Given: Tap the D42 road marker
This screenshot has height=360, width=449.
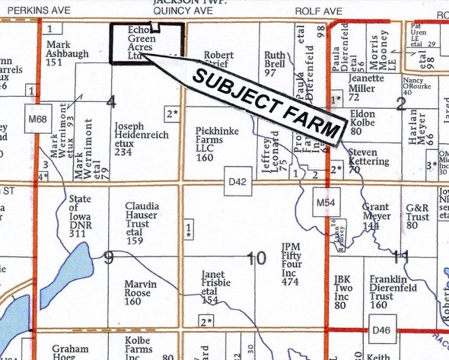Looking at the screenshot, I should point(237,183).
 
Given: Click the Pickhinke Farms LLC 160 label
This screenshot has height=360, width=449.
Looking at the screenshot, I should point(216,144).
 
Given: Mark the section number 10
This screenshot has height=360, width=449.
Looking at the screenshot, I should point(256,259).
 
